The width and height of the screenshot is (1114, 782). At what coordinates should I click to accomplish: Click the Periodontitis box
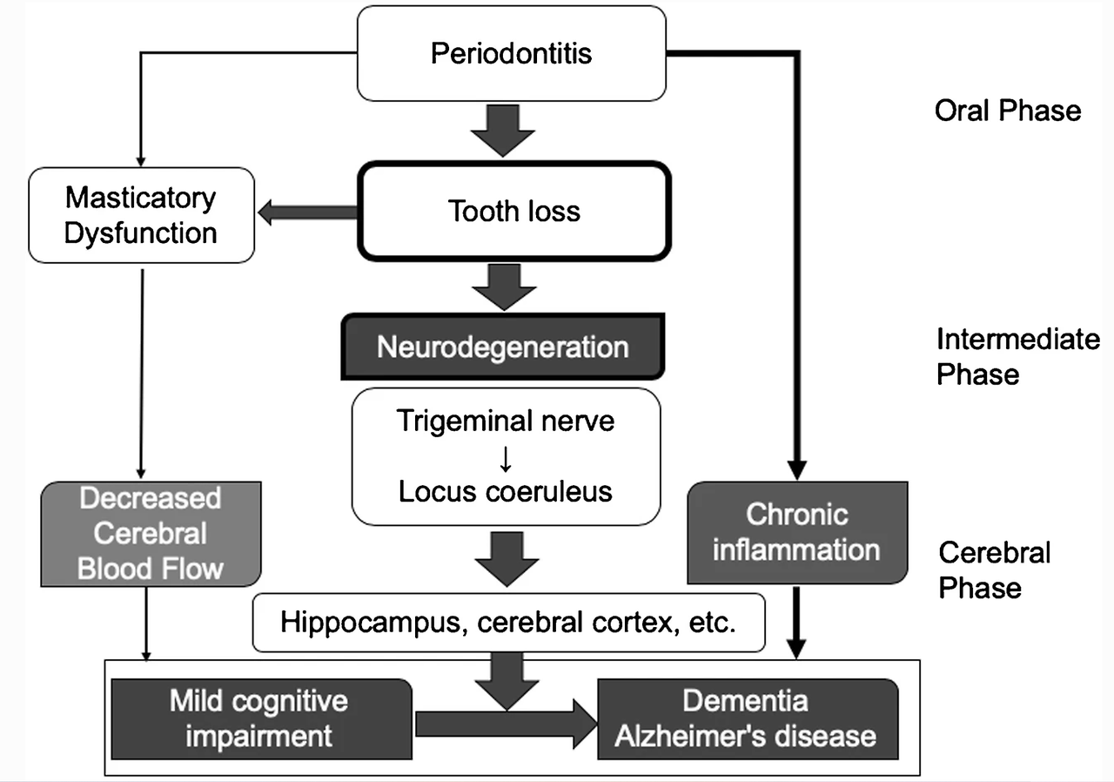coord(512,53)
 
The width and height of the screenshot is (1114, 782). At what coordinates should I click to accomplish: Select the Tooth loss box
coord(514,211)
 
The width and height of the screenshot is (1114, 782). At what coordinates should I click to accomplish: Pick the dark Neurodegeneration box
coord(502,347)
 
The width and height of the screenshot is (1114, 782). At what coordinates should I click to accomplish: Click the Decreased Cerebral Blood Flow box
coord(151,534)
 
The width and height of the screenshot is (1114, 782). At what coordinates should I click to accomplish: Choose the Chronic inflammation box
coord(796,532)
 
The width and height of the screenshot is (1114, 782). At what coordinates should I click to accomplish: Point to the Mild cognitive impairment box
coord(258,719)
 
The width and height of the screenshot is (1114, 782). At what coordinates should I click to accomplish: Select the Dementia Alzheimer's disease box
coord(746,719)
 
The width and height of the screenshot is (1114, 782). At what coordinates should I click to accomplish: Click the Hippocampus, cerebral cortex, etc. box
coord(509,624)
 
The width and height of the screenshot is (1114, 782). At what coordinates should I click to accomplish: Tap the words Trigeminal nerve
coord(506,421)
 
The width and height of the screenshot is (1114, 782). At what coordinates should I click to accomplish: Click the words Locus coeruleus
coord(506,491)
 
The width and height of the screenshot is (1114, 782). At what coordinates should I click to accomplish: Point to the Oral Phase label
coord(1008,111)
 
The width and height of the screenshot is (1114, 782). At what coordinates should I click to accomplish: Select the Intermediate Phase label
coord(1017,356)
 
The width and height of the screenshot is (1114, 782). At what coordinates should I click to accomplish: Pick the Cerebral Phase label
coord(995,570)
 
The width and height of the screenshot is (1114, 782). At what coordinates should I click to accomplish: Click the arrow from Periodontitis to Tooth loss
coord(502,129)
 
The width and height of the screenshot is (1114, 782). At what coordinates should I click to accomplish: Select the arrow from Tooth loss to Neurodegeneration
coord(502,286)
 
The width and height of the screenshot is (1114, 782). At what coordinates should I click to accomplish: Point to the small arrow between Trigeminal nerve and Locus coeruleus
coord(505,456)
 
